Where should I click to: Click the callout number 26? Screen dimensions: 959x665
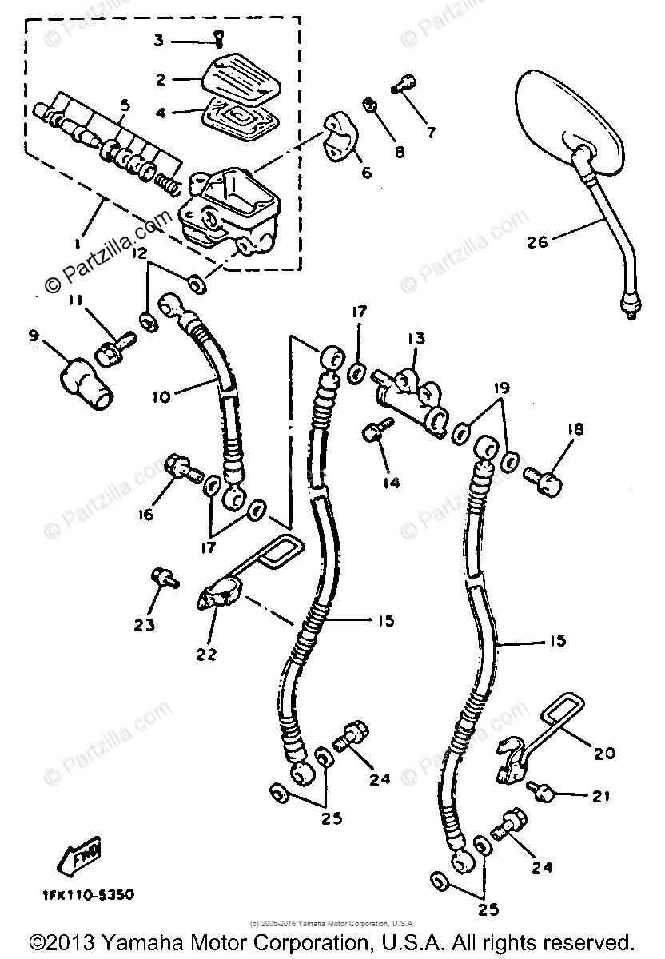[537, 240]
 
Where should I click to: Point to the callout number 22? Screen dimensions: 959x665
[205, 654]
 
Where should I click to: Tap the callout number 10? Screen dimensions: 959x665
[161, 396]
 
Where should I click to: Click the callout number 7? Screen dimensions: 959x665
[431, 133]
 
